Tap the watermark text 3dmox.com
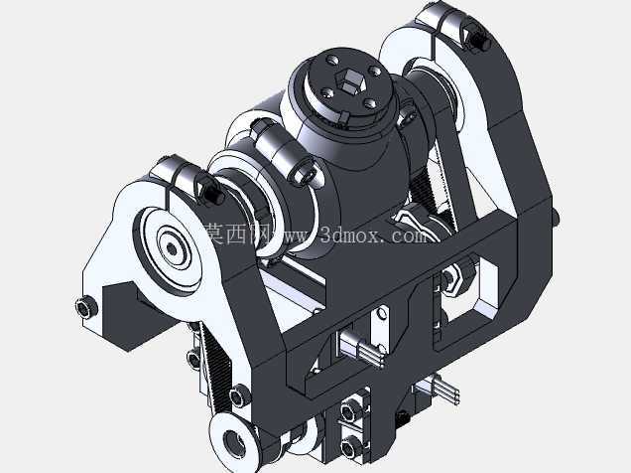373,235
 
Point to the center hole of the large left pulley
172,249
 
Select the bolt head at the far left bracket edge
86,308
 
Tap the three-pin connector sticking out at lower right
439,390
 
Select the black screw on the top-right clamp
479,41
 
